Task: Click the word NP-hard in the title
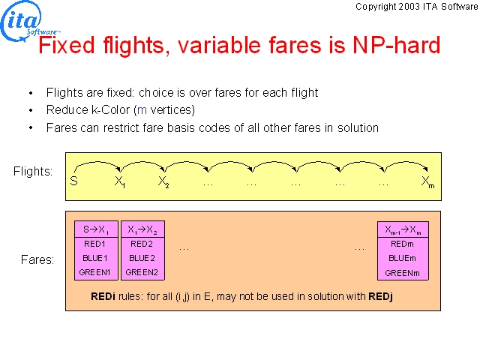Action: [397, 45]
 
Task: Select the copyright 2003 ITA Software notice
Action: [417, 7]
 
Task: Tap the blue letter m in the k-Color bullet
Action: [142, 110]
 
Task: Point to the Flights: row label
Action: [33, 171]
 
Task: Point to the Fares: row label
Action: [37, 260]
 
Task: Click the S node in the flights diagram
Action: [73, 181]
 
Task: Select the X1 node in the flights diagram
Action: [120, 181]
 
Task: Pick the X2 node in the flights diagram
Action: [163, 181]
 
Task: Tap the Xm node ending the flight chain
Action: [427, 181]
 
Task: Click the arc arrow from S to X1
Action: [97, 163]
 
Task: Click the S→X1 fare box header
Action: [96, 229]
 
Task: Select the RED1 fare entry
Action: [94, 244]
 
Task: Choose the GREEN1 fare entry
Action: [94, 272]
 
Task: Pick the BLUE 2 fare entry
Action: [142, 258]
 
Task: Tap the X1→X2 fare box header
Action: [142, 229]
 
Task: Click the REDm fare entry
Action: [402, 244]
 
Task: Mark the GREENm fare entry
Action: [402, 273]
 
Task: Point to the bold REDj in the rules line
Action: [380, 296]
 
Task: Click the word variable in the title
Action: [218, 45]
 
